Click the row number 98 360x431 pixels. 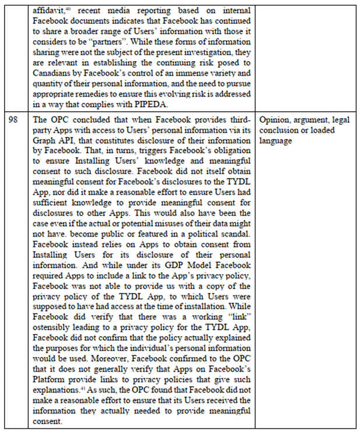pyautogui.click(x=15, y=120)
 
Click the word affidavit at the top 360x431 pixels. pyautogui.click(x=48, y=10)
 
